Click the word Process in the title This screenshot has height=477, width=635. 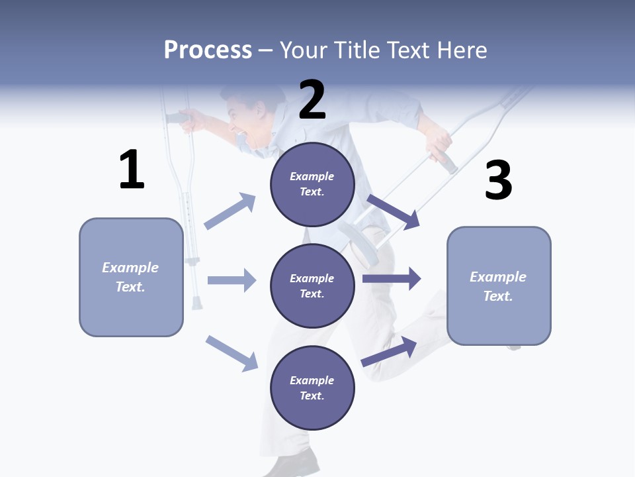[208, 50]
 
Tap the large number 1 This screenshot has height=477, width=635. [132, 170]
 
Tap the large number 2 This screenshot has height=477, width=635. [312, 100]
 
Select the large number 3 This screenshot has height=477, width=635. [498, 181]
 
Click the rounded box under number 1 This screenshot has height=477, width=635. [131, 277]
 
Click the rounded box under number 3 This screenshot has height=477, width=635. [499, 286]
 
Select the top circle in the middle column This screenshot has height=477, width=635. [312, 184]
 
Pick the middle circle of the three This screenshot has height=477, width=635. [312, 286]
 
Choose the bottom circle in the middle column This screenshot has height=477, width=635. [312, 388]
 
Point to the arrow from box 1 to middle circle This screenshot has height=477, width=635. [232, 280]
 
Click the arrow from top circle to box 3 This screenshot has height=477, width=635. [394, 211]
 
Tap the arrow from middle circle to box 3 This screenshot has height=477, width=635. [392, 278]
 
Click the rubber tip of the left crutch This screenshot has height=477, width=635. [196, 303]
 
